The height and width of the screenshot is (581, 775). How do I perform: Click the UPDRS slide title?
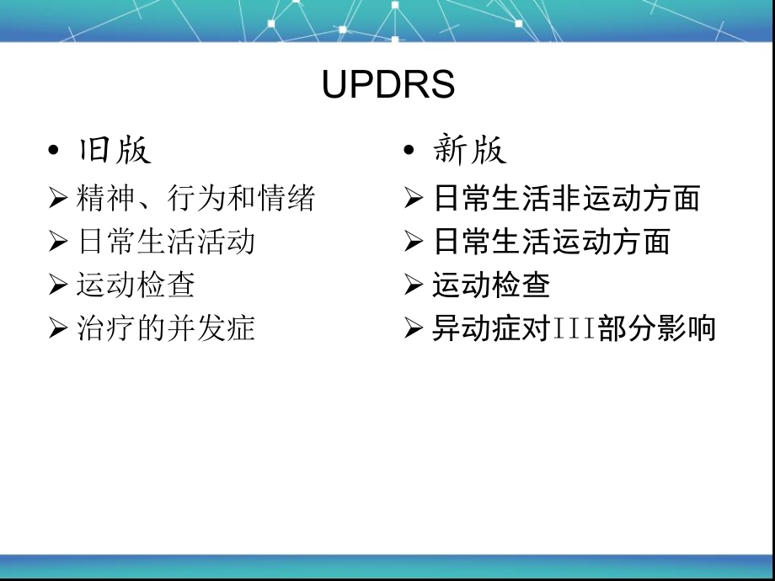click(388, 83)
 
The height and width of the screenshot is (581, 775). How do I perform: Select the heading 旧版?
click(115, 149)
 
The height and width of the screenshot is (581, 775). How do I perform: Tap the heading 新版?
click(469, 149)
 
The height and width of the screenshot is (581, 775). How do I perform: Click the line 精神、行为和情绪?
click(195, 198)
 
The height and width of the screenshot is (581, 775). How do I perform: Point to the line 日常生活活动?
click(166, 242)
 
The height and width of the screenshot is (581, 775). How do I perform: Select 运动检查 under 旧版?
click(136, 285)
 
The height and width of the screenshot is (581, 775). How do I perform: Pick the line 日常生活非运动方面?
click(566, 198)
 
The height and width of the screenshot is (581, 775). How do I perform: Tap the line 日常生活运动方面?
click(552, 242)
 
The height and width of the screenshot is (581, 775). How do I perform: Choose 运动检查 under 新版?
click(491, 285)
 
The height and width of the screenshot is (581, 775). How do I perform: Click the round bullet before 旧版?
click(53, 150)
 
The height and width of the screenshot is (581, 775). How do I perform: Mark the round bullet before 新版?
click(409, 150)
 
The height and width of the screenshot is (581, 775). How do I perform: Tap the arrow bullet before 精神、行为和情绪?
click(58, 199)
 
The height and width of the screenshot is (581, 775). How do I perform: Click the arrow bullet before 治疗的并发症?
click(58, 328)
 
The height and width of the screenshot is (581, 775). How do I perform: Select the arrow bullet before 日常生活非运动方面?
click(414, 199)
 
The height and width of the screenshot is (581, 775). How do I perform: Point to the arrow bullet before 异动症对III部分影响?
click(414, 328)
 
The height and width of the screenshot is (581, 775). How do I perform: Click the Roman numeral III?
click(575, 328)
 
